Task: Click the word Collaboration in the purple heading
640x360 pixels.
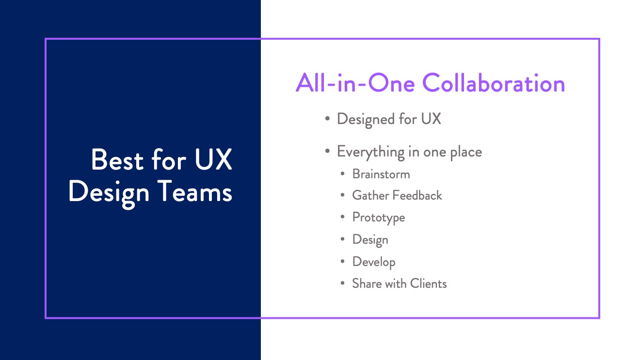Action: pos(494,83)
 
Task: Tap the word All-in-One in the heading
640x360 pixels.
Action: pos(355,83)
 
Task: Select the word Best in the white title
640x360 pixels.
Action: pos(117,159)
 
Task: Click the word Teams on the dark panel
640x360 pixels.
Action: pos(194,191)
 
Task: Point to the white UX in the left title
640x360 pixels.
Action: pos(213,159)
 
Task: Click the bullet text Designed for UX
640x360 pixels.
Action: pos(389,119)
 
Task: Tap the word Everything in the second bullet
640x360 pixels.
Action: pos(371,152)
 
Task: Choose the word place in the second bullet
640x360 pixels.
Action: pos(466,152)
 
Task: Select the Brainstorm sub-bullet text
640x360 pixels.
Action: pos(381,174)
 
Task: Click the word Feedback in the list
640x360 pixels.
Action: pos(417,196)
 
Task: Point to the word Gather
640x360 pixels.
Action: pos(370,196)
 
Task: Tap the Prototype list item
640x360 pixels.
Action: pos(379,218)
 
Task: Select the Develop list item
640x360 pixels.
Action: pos(374,262)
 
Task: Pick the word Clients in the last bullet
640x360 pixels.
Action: pos(428,284)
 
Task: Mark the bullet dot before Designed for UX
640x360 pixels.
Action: pos(327,119)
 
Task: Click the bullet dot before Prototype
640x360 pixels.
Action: pos(343,217)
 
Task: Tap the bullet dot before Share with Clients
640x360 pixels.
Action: pos(343,283)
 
